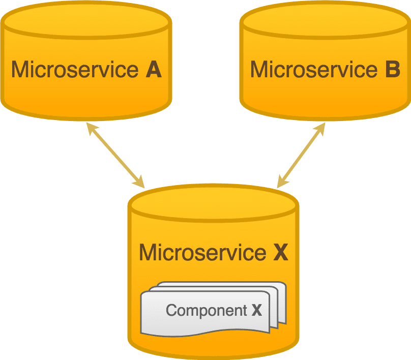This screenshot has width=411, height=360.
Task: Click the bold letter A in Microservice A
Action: click(153, 70)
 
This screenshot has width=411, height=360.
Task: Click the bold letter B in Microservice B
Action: click(392, 70)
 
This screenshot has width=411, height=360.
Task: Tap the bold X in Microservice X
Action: click(280, 252)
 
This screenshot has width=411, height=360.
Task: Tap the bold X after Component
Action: click(257, 310)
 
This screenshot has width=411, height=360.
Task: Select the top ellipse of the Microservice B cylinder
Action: click(325, 21)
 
